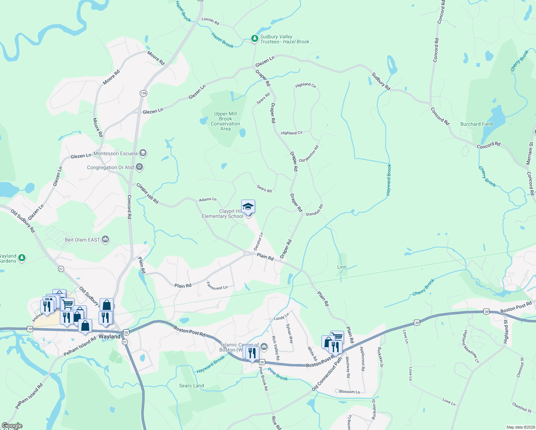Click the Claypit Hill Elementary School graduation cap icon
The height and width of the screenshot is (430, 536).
click(248, 207)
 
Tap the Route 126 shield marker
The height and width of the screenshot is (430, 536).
click(143, 93)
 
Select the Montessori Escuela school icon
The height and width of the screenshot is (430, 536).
click(143, 153)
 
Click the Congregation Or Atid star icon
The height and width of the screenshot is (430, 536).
click(139, 167)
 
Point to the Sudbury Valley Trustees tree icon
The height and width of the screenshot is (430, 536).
click(254, 38)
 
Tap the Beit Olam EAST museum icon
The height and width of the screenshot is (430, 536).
click(105, 239)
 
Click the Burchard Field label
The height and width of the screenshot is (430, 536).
click(476, 124)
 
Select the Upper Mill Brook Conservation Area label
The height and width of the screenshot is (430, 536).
click(225, 121)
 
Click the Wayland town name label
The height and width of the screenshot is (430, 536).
click(109, 336)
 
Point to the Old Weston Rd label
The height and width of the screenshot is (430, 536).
click(309, 154)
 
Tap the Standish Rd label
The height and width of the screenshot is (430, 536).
click(314, 210)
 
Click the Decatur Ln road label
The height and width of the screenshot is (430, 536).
click(258, 242)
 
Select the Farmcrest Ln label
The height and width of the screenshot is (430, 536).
click(217, 286)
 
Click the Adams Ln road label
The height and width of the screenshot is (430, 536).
click(208, 199)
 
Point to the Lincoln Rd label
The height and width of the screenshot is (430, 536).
click(210, 21)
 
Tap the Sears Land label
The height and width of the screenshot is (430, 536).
click(191, 386)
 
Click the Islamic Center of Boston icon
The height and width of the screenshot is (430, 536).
click(264, 346)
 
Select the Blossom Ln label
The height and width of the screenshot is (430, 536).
click(349, 392)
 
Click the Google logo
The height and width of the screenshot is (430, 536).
click(12, 426)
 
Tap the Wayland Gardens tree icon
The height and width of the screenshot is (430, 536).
click(22, 258)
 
